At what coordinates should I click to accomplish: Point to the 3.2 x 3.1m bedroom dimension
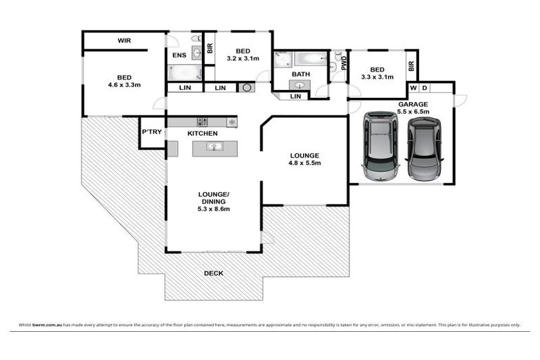243,59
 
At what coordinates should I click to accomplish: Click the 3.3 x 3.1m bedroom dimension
377,77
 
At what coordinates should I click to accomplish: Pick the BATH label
301,74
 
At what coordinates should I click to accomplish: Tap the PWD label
344,65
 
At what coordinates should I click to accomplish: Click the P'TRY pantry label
151,132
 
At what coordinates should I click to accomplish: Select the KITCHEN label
202,133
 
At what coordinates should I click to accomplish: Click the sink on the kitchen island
215,146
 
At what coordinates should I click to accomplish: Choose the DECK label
214,273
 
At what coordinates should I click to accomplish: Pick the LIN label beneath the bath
296,96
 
